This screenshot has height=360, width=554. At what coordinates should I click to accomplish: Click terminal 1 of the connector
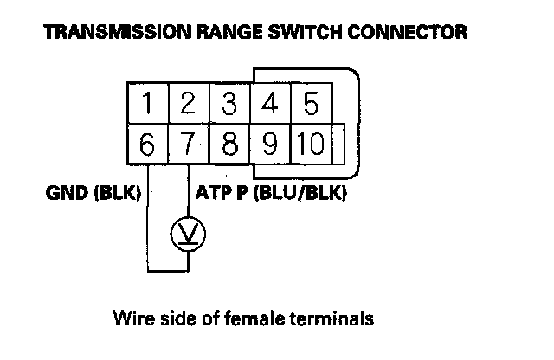[x=149, y=104]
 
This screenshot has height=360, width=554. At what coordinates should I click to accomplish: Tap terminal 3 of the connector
[x=229, y=104]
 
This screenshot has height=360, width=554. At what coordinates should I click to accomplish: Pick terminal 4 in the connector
[x=270, y=104]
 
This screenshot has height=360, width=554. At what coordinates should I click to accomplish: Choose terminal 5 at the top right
[x=310, y=104]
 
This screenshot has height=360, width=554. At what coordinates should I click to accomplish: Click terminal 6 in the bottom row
[x=149, y=142]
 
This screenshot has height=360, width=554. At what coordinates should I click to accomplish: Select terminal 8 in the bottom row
[x=229, y=142]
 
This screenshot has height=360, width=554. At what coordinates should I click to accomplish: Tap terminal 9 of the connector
[x=270, y=142]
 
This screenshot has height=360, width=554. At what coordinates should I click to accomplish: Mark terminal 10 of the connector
[x=308, y=142]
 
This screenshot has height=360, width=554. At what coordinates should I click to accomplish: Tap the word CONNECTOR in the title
[x=419, y=34]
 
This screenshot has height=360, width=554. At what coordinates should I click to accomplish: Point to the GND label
[x=64, y=193]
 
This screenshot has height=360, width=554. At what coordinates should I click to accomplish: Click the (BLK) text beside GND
[x=115, y=193]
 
